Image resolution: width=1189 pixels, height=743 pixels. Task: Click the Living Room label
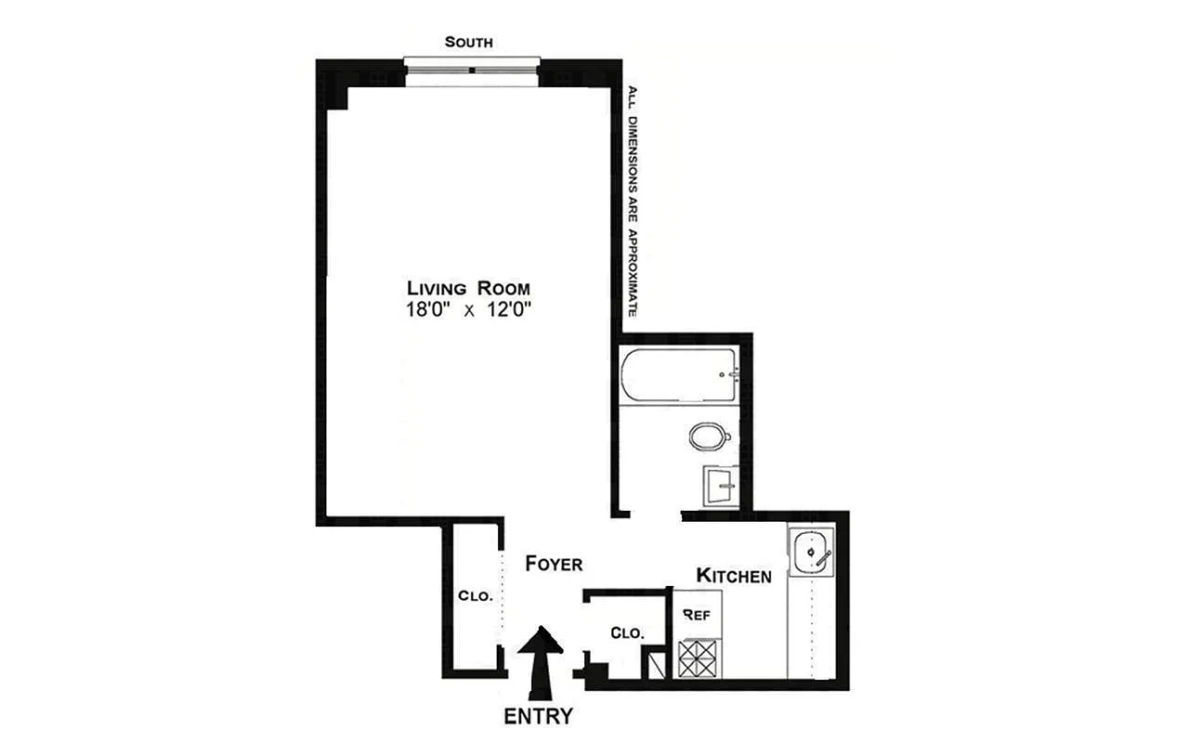coord(472,287)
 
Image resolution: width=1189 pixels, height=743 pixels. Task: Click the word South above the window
coord(468,43)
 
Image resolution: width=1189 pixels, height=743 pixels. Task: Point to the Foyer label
coord(554,564)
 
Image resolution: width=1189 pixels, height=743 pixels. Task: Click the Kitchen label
coord(734,576)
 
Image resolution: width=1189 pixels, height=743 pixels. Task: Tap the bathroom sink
coord(722,485)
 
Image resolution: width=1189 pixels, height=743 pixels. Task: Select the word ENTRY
coord(539,716)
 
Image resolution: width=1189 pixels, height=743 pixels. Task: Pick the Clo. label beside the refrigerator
coord(627,632)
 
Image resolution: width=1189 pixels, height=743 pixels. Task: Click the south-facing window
coord(472,72)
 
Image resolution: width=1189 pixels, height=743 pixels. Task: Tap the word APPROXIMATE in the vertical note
coord(633,273)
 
